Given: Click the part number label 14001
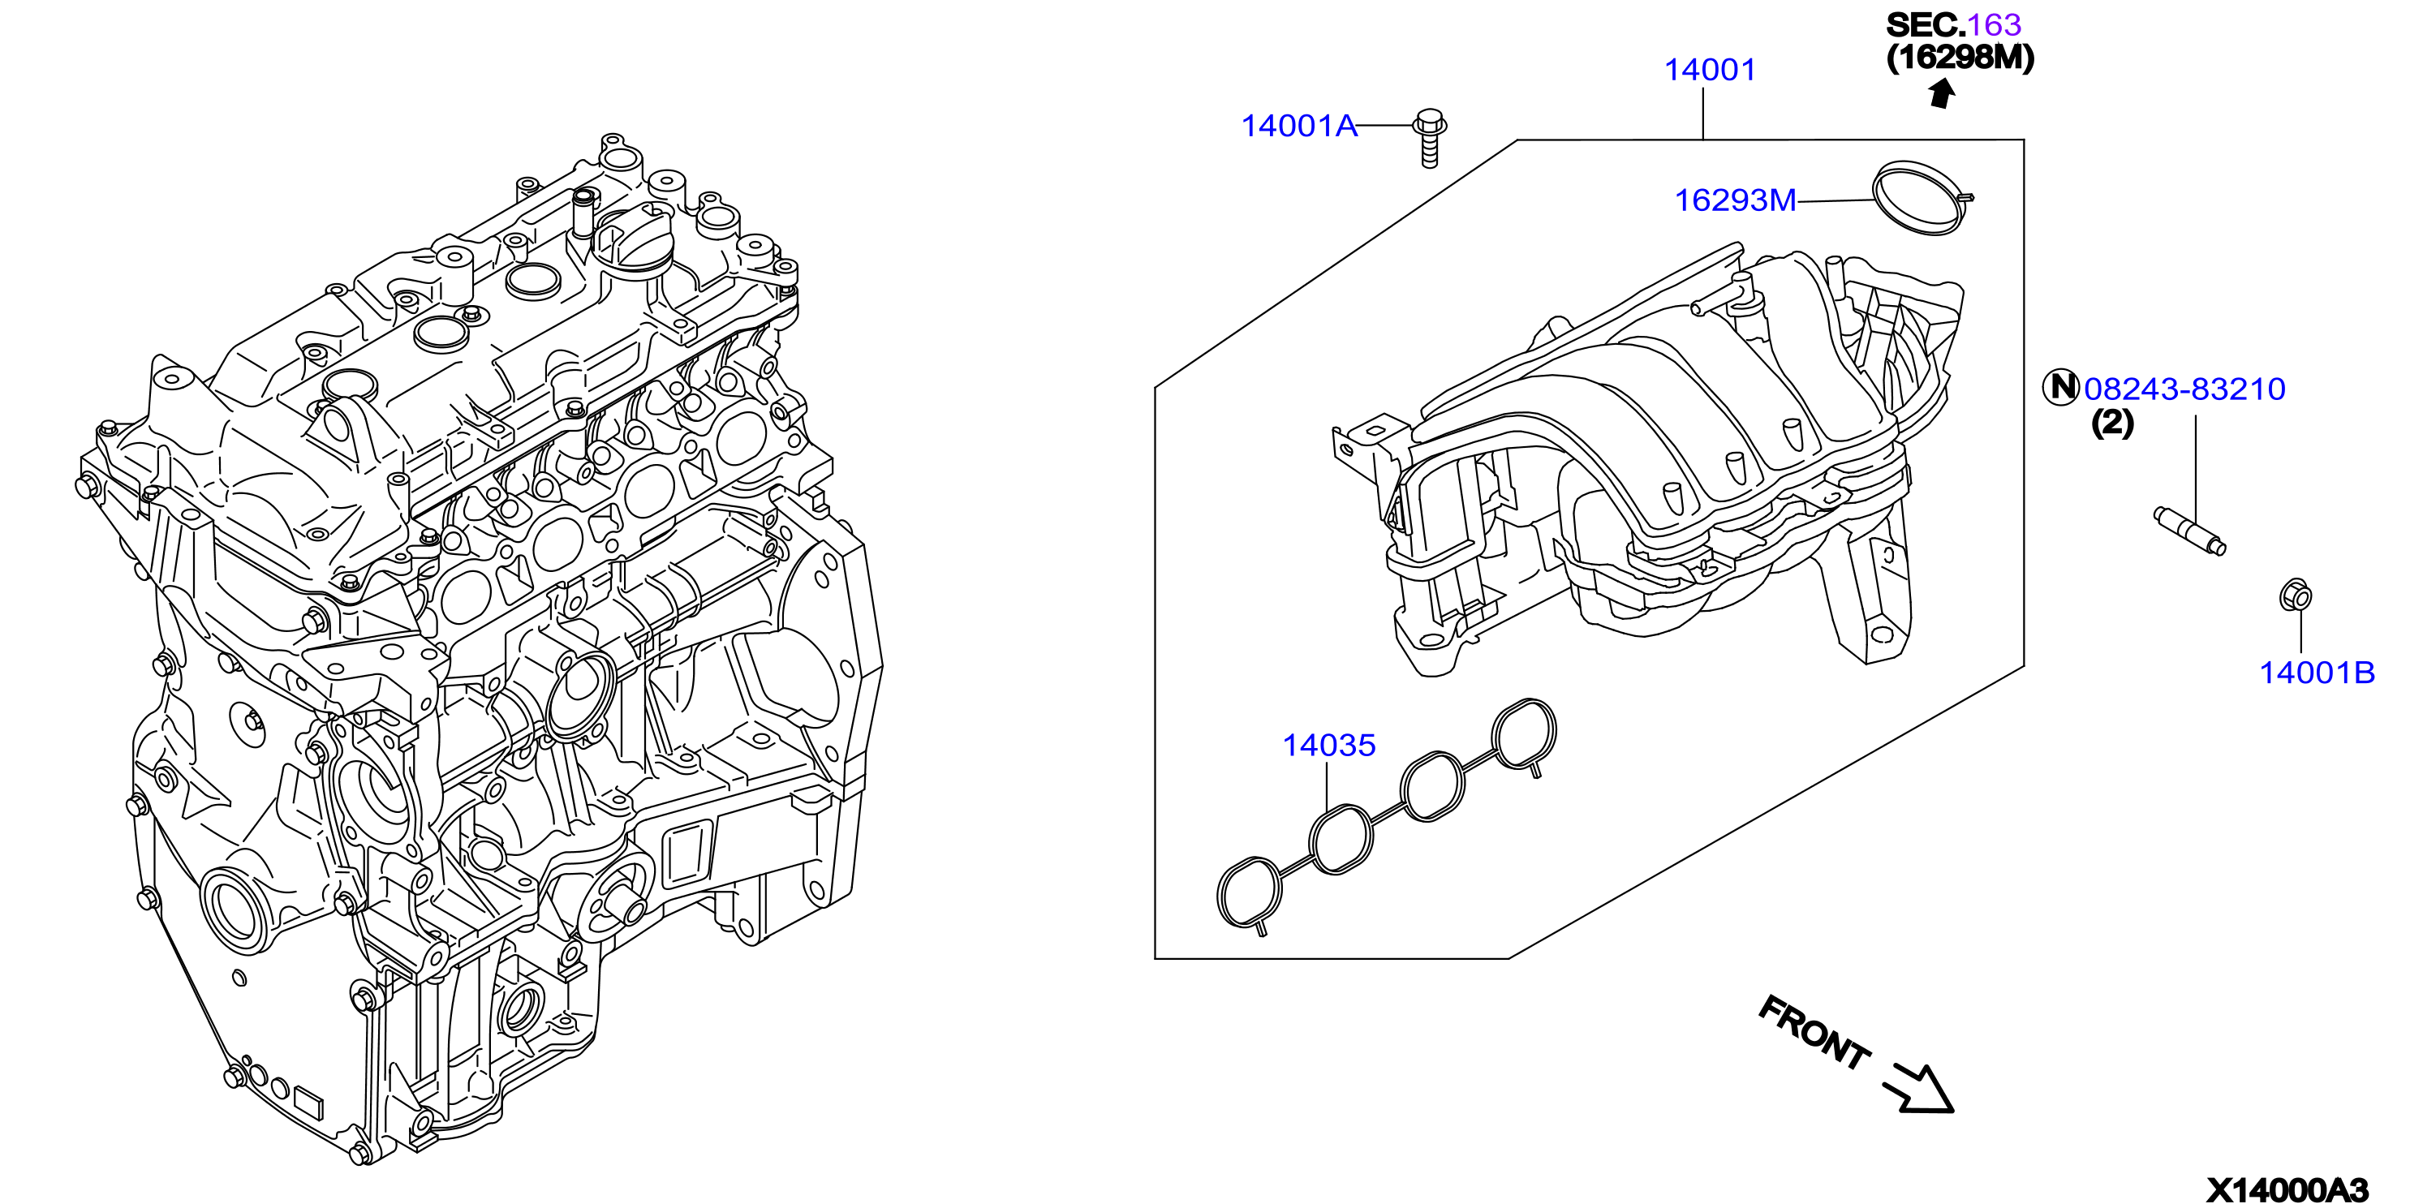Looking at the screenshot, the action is (x=1710, y=70).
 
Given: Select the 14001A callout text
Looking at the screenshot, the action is (x=1299, y=125).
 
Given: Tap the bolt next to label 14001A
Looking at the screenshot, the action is (x=1429, y=138).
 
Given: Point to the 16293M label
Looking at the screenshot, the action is (x=1736, y=200).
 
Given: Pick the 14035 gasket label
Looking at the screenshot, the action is (x=1329, y=745).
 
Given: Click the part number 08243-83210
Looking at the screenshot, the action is (x=2184, y=389).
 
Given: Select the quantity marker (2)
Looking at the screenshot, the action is (x=2112, y=424).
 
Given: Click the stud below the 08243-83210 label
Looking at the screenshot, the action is (x=2190, y=531).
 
